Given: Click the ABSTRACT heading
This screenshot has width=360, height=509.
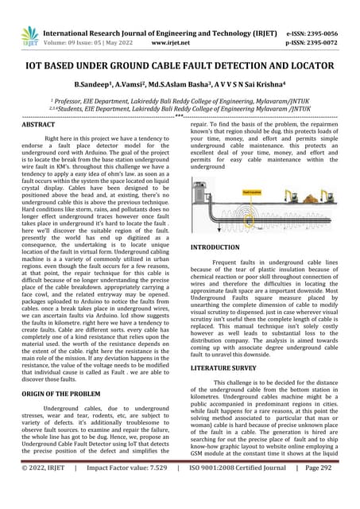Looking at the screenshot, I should click(39, 126).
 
